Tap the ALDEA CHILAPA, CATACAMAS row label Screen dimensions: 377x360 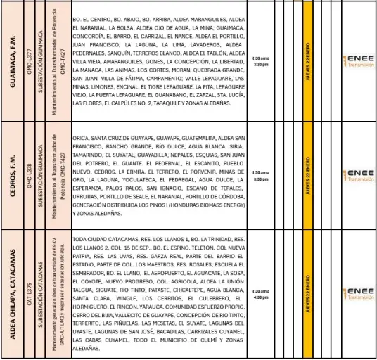tap(13, 292)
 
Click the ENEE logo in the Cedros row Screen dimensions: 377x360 tap(358, 175)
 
